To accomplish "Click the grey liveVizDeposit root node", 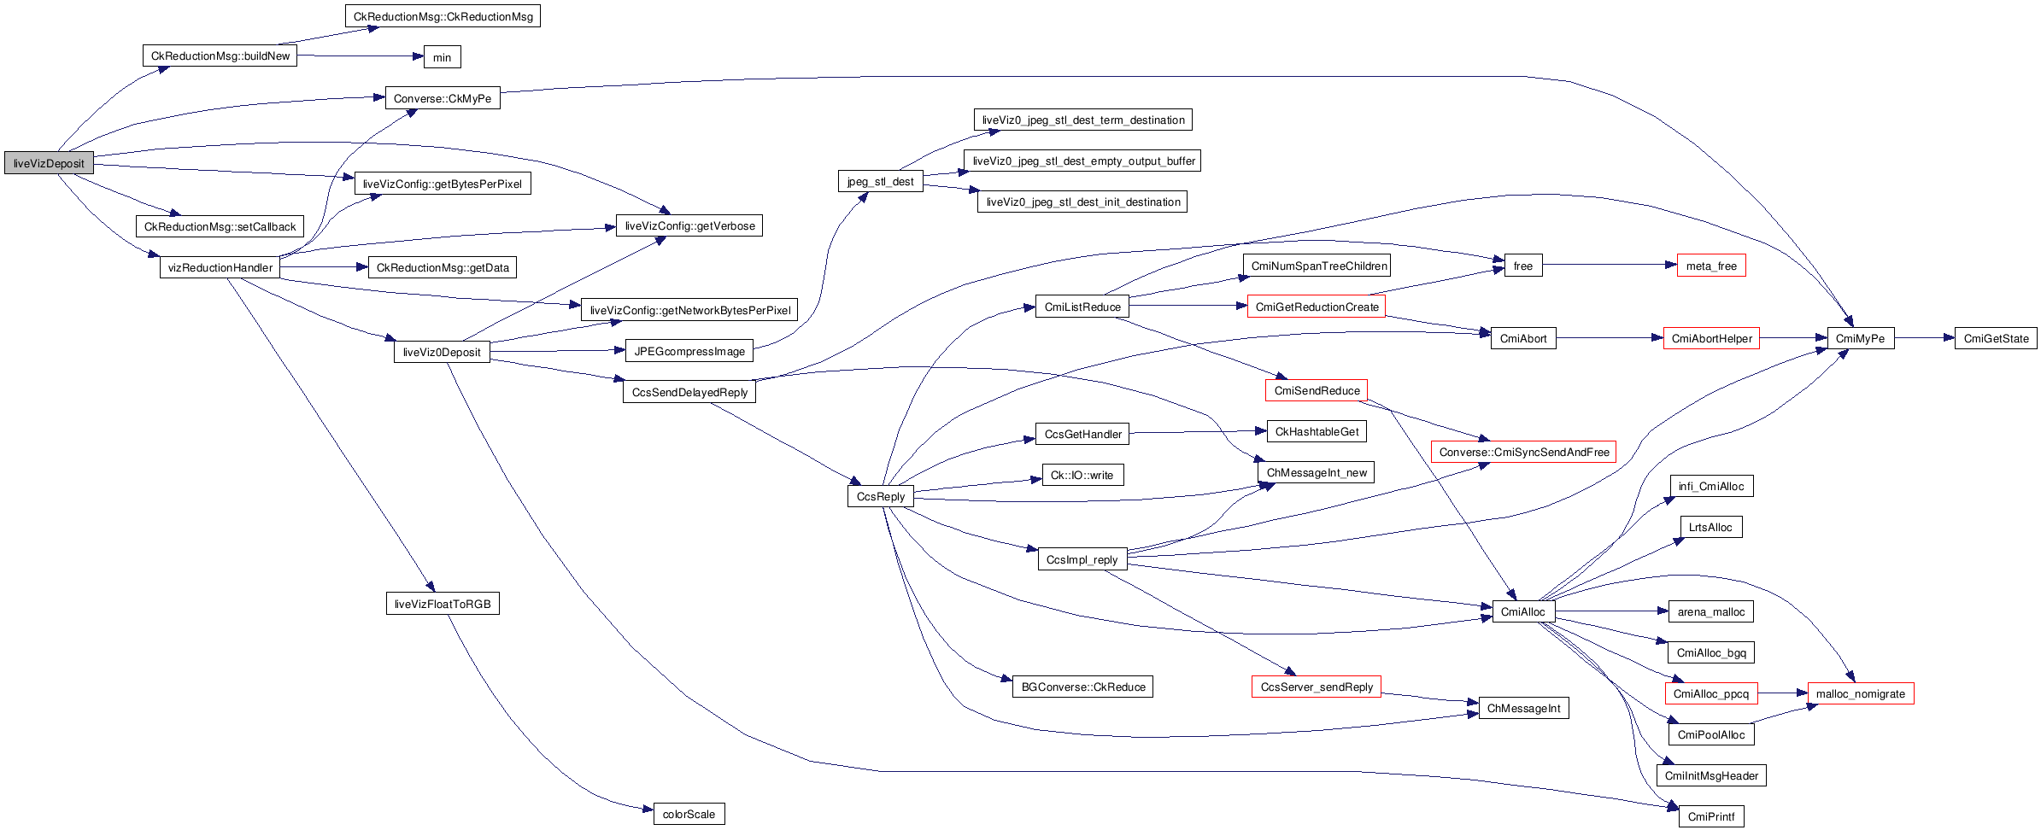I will [x=49, y=163].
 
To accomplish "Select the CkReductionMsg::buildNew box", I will [x=220, y=56].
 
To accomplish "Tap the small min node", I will [x=442, y=57].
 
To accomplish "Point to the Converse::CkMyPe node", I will [x=442, y=99].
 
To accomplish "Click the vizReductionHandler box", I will [x=220, y=268].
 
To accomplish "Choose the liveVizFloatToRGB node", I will [x=442, y=605].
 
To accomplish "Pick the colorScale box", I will [x=689, y=815].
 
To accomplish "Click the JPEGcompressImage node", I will [x=689, y=351].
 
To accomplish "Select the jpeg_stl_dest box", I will [x=880, y=182].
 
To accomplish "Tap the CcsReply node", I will [x=880, y=497].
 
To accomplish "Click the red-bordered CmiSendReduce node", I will [x=1316, y=391].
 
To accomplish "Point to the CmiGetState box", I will [x=1995, y=339].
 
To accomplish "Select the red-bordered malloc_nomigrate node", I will [x=1860, y=694].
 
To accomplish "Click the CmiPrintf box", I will [x=1710, y=817].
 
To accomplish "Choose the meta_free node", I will [x=1710, y=266].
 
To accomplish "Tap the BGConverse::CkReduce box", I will [x=1082, y=687].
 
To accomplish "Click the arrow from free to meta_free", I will [x=1606, y=266].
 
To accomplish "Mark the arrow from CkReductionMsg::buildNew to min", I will [x=359, y=56].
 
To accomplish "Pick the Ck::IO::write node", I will [x=1082, y=476].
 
